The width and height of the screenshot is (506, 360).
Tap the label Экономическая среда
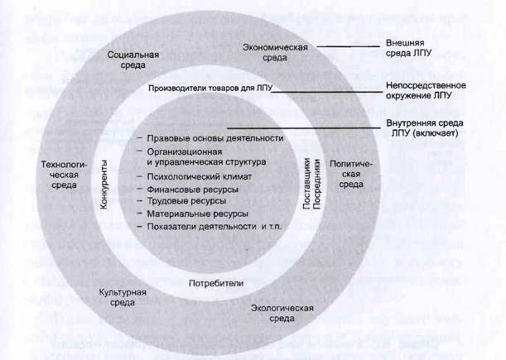(x=275, y=53)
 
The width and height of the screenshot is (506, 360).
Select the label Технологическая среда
(x=65, y=175)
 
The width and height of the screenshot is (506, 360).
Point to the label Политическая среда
(x=351, y=174)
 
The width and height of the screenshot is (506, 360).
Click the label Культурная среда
(x=123, y=297)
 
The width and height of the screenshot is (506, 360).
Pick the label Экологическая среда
(x=282, y=313)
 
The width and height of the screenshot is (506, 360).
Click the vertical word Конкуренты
(x=104, y=185)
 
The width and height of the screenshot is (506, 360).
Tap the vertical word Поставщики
(x=307, y=184)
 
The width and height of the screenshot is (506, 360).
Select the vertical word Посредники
(x=317, y=184)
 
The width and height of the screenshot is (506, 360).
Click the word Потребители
(x=216, y=284)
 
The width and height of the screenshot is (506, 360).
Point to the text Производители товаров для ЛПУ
(x=210, y=89)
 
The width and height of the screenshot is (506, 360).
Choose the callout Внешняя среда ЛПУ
(x=408, y=48)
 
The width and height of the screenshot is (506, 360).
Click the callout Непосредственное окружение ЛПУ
(x=426, y=91)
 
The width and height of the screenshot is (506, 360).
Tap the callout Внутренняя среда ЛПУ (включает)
(x=425, y=128)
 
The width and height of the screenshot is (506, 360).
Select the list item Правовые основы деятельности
(x=215, y=138)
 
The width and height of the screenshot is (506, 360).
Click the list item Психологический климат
(x=200, y=177)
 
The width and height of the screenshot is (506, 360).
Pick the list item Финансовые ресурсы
(x=193, y=190)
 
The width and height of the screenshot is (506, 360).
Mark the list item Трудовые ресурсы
(x=186, y=201)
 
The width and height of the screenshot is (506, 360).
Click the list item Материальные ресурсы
(x=197, y=214)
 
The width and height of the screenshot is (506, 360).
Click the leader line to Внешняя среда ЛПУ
(x=348, y=47)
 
